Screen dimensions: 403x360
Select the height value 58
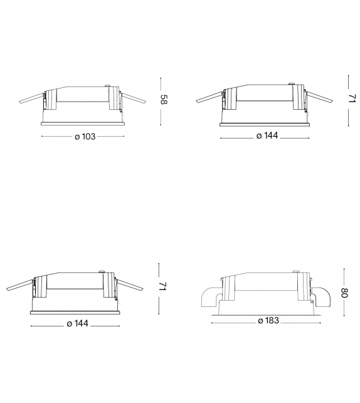coord(163,99)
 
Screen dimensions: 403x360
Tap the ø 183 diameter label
coord(268,321)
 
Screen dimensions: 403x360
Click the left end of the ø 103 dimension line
coord(41,136)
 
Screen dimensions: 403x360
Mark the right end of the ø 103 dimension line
coord(124,136)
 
